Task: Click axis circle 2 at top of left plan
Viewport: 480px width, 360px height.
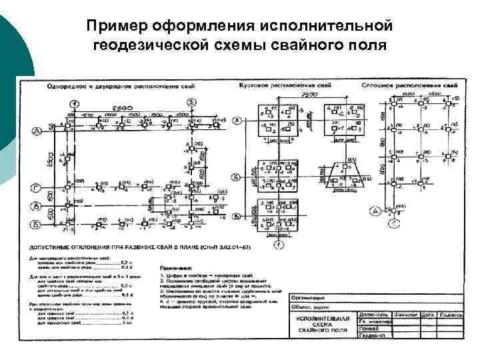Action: tap(192, 103)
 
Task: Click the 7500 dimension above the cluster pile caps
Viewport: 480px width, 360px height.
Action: tap(309, 95)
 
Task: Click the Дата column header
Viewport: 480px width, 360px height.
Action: tap(427, 314)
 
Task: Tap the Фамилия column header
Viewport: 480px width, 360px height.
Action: tap(406, 314)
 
